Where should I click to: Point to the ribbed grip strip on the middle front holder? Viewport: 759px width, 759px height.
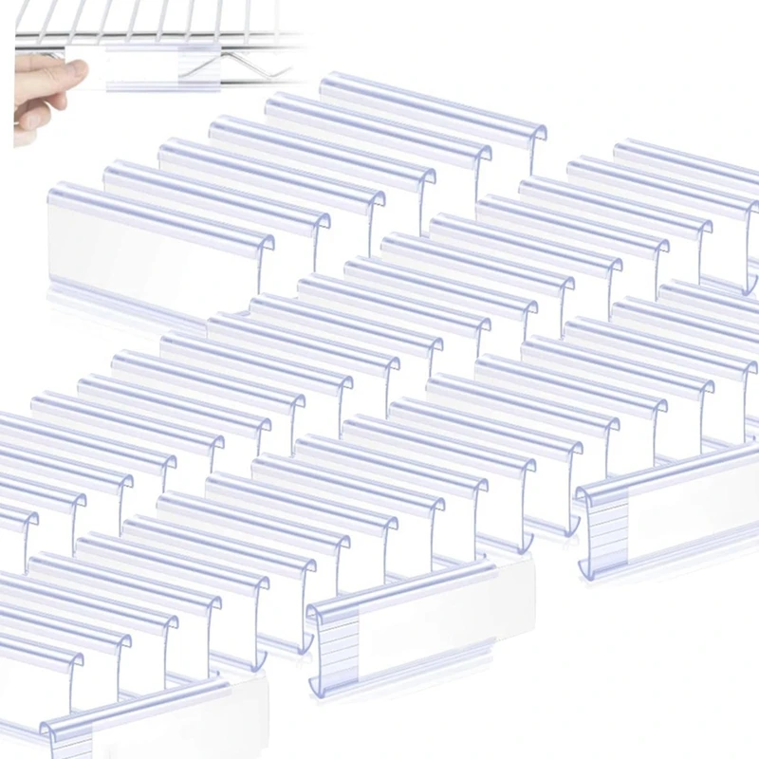coord(337,645)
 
